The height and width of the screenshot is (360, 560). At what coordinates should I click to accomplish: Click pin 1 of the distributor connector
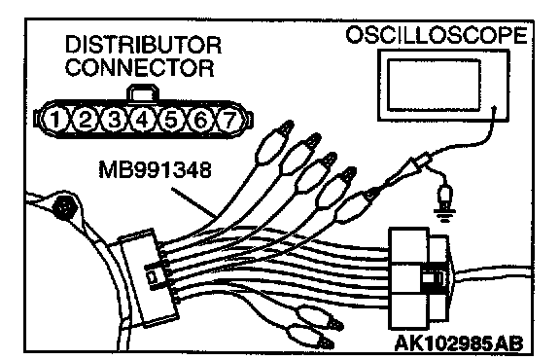coord(55,120)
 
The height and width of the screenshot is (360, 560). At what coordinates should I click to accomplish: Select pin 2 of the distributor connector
coord(85,120)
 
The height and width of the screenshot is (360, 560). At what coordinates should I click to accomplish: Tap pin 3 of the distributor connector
coord(114,120)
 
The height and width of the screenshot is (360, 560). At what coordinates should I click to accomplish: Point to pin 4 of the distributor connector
coord(142,120)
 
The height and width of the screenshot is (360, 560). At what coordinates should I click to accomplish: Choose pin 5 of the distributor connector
coord(171,120)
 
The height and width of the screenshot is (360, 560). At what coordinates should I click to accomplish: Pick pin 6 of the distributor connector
coord(200,120)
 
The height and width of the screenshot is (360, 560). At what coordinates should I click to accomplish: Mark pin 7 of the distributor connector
coord(229,120)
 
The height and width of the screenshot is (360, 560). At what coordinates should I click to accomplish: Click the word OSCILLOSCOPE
coord(437,35)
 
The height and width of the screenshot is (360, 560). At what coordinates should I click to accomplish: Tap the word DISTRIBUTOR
coord(143,46)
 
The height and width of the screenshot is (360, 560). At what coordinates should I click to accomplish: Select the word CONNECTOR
coord(140,67)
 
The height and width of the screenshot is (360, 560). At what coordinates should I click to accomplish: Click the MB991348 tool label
coord(155,170)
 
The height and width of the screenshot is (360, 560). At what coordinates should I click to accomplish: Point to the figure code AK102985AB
coord(459,343)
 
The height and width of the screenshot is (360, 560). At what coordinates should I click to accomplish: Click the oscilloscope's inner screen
coord(434,85)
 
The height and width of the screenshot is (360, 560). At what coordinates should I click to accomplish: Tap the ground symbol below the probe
coord(444,214)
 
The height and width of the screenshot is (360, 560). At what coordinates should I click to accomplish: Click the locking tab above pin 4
coord(142,92)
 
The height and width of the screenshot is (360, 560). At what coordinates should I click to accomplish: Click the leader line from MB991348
coord(193,202)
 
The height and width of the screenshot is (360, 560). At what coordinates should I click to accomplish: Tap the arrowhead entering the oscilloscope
coord(494,108)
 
